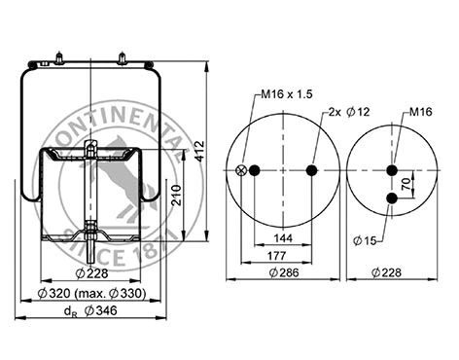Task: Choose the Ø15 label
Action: (365, 239)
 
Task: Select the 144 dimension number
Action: (283, 236)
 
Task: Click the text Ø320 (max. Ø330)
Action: (91, 294)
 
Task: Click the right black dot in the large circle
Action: (311, 170)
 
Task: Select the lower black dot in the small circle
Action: (392, 198)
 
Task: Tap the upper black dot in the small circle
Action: (392, 170)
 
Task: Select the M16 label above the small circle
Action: (420, 112)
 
